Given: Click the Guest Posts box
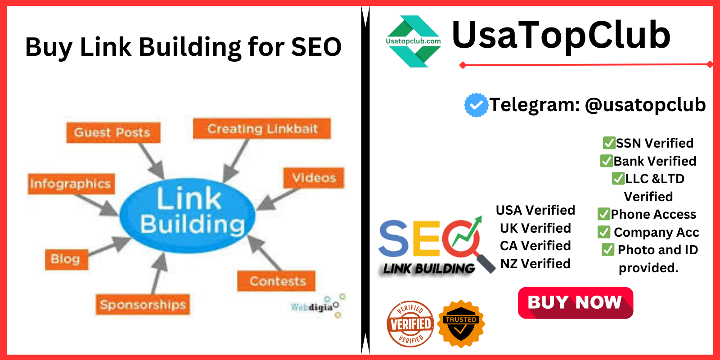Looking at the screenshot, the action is tap(113, 132).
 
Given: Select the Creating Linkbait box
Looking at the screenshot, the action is tap(261, 129).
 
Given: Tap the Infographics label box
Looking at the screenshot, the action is tap(71, 184).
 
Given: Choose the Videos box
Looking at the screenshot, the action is tap(313, 178).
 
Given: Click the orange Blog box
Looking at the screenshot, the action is tap(66, 259).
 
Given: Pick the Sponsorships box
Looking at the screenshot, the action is tap(143, 304).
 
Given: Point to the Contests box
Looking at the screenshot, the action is tap(276, 281).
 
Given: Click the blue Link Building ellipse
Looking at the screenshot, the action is tap(188, 216).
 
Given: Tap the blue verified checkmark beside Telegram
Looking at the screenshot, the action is tap(476, 105).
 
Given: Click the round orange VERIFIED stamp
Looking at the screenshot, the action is tap(410, 324).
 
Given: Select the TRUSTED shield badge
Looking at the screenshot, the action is tap(461, 324).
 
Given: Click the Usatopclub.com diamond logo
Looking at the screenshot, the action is tap(414, 41).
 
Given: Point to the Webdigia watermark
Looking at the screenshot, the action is tap(318, 306).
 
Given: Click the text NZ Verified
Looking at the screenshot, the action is tap(535, 264).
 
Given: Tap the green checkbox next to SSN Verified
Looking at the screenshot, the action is tap(608, 143).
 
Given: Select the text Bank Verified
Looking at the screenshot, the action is tap(655, 161).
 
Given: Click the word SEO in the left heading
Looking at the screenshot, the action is tap(316, 47).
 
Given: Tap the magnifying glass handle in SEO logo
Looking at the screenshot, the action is tap(486, 264).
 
